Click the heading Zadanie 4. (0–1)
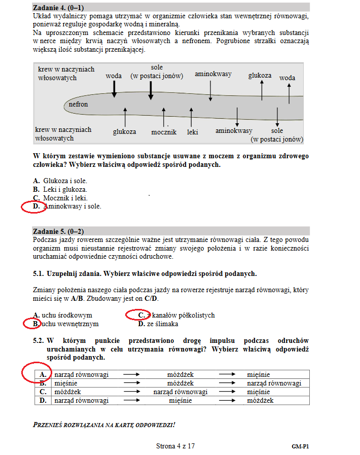[x=59, y=8]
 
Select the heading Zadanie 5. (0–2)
[x=59, y=231]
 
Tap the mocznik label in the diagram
[x=164, y=132]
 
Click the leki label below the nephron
[x=192, y=132]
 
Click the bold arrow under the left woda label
[x=114, y=88]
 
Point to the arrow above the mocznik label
[x=164, y=117]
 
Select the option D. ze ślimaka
[x=158, y=324]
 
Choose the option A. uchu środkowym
[x=63, y=315]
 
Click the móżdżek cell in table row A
[x=181, y=375]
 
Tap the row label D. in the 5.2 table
[x=43, y=401]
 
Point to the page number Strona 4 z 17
[x=175, y=446]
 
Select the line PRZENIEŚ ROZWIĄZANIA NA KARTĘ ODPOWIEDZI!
[x=104, y=424]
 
